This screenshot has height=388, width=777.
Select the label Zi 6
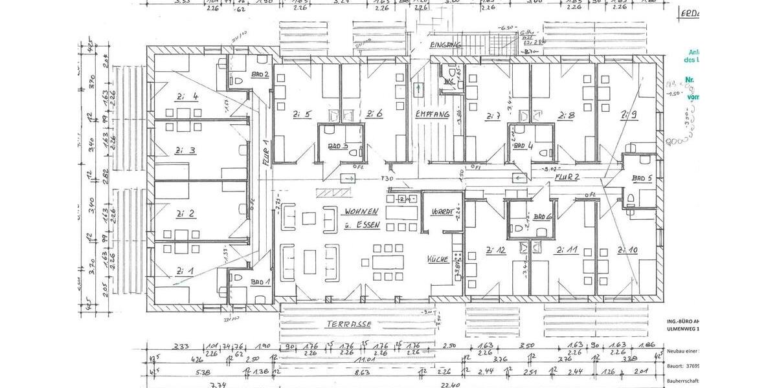[x=374, y=114]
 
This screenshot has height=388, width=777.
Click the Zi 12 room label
[x=497, y=250]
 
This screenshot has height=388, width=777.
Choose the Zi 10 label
[x=627, y=250]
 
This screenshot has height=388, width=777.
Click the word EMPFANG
[x=433, y=114]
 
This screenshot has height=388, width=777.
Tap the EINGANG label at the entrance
[x=445, y=45]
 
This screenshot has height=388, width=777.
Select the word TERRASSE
[x=349, y=323]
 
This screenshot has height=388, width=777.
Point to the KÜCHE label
[x=437, y=259]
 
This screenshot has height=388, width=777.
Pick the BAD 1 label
[x=260, y=282]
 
